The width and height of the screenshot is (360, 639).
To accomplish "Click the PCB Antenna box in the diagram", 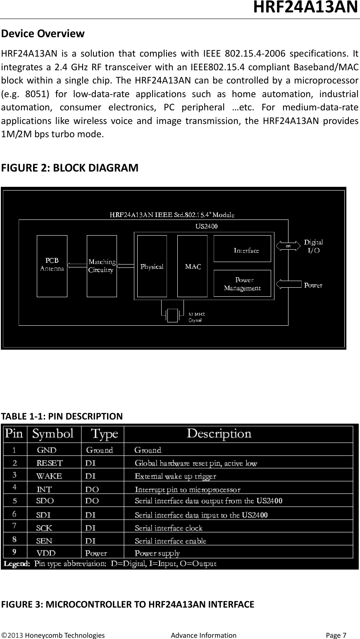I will tap(52, 266).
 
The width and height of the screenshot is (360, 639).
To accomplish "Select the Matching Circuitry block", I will tap(102, 266).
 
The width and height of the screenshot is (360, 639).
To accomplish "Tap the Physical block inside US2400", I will tap(152, 266).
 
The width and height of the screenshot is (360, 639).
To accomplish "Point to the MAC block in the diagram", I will tap(192, 266).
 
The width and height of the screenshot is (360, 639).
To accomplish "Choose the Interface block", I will tap(242, 249).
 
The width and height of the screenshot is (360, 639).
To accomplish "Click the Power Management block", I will tap(242, 283).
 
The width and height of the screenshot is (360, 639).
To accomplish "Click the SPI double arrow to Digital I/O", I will tap(288, 246).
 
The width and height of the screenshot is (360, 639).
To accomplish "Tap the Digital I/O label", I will tap(313, 246).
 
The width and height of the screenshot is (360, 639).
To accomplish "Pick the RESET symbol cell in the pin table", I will tap(50, 463).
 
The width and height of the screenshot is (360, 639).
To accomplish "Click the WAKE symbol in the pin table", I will tap(49, 476).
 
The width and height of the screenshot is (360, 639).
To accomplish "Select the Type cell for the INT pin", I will tap(92, 489).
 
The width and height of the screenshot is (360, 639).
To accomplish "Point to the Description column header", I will tap(219, 434).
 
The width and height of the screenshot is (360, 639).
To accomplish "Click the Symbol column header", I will tap(53, 434).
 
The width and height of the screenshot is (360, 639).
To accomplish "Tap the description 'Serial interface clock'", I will tap(169, 528).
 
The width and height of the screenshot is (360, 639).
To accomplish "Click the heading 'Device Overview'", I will tap(43, 33).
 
